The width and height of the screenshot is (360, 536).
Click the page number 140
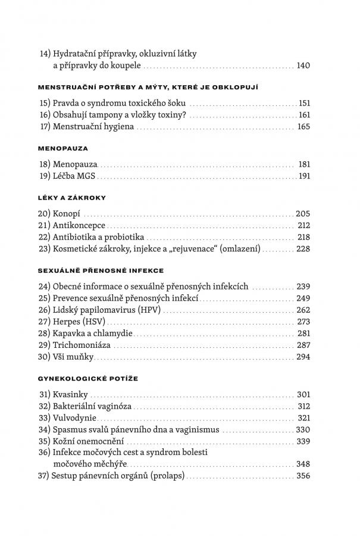pyautogui.click(x=303, y=66)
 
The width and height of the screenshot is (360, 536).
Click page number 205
pyautogui.click(x=303, y=213)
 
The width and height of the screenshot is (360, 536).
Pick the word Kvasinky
pyautogui.click(x=71, y=395)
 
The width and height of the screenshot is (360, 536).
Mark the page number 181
pyautogui.click(x=303, y=164)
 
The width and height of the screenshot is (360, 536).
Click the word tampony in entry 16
pyautogui.click(x=114, y=114)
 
